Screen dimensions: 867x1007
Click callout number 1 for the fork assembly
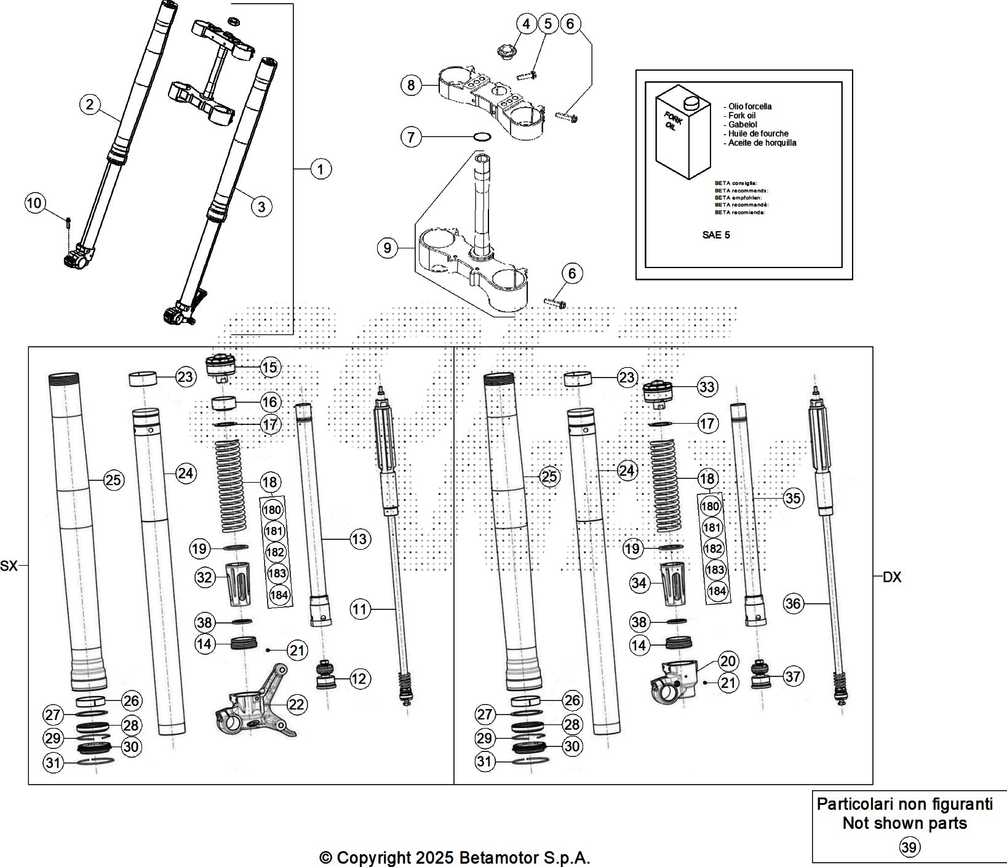tap(320, 168)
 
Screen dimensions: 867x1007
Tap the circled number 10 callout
tap(35, 203)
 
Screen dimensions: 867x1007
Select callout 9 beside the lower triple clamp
tap(387, 248)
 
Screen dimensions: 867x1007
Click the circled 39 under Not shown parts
tap(909, 847)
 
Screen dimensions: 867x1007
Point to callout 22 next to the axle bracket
tap(297, 704)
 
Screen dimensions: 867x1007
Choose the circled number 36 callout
tap(793, 604)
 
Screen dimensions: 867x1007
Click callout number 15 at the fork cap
tap(269, 367)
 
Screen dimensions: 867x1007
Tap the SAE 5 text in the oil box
tap(716, 235)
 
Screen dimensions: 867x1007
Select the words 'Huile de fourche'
tap(758, 133)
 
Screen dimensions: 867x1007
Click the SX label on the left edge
tap(9, 566)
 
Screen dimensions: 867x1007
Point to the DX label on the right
tap(891, 577)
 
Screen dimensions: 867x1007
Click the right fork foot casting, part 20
tap(675, 680)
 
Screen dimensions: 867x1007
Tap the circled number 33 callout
tap(707, 387)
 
